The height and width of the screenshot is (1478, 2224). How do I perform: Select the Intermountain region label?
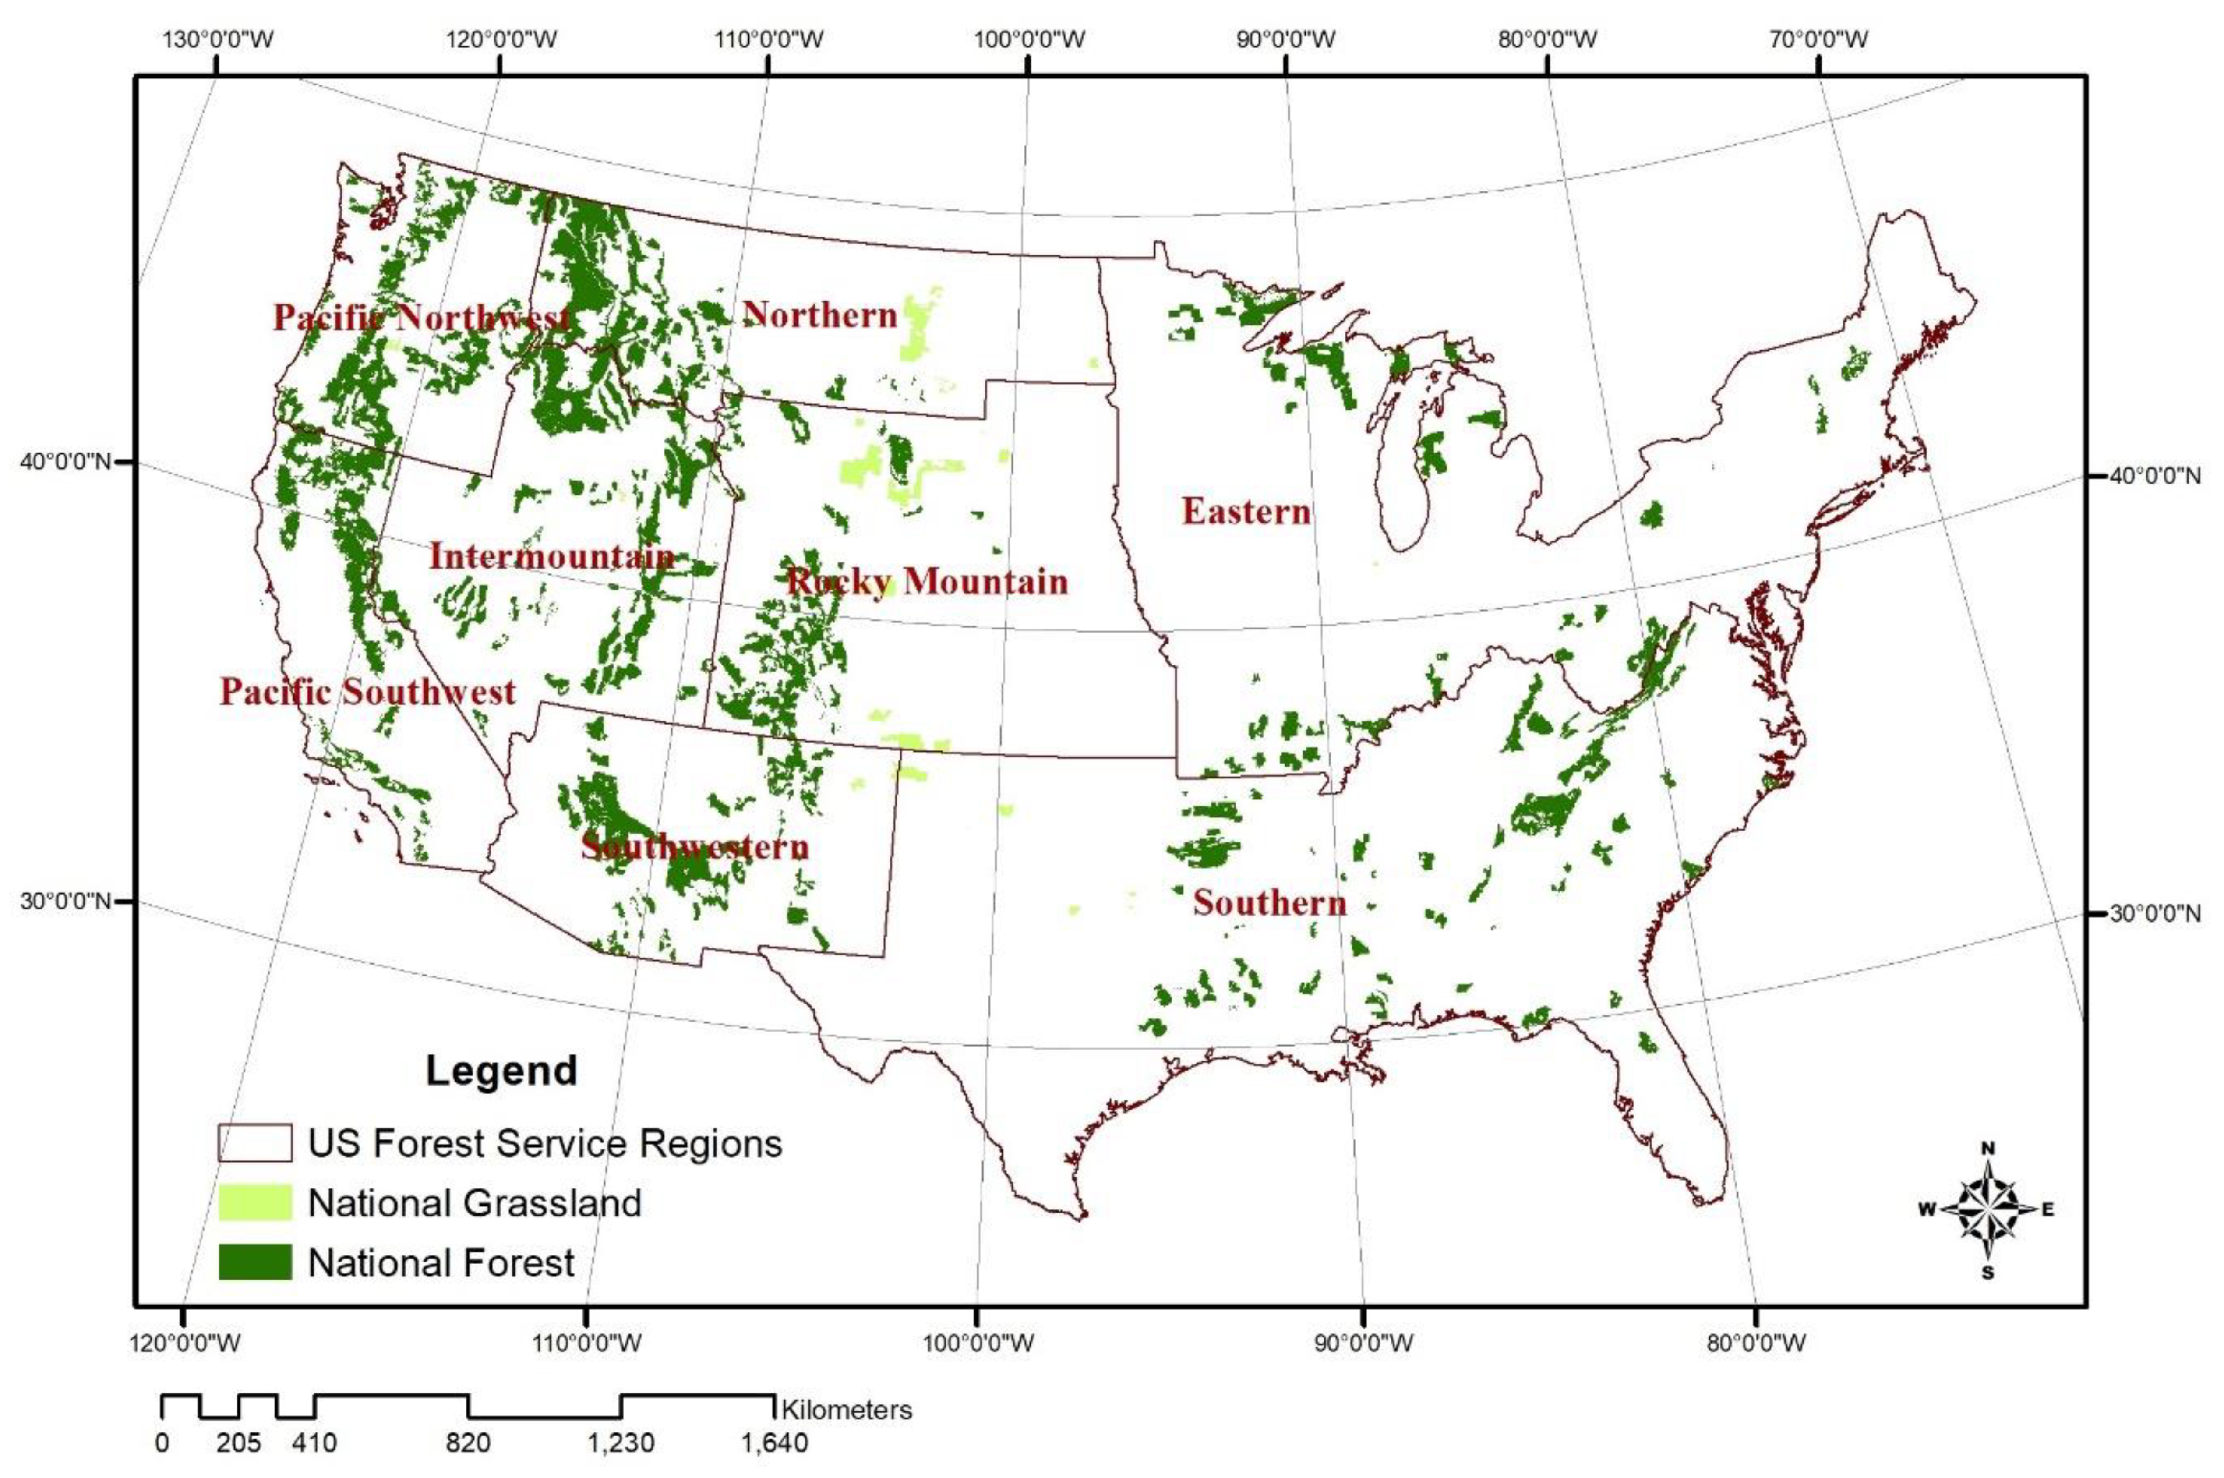pyautogui.click(x=552, y=556)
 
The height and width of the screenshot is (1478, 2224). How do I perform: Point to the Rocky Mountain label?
pyautogui.click(x=927, y=581)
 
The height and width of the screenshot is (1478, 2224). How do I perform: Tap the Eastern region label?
pyautogui.click(x=1246, y=511)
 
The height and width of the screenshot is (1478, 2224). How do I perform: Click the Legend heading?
pyautogui.click(x=501, y=1071)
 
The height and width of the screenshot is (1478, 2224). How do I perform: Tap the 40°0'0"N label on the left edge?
pyautogui.click(x=64, y=462)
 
